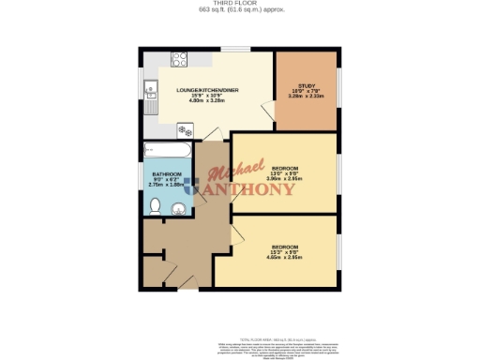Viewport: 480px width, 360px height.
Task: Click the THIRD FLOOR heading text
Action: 240,4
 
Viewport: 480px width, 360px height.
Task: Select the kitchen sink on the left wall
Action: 150,92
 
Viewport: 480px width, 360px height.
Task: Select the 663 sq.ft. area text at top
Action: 240,11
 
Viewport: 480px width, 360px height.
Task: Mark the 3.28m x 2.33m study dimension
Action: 304,95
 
